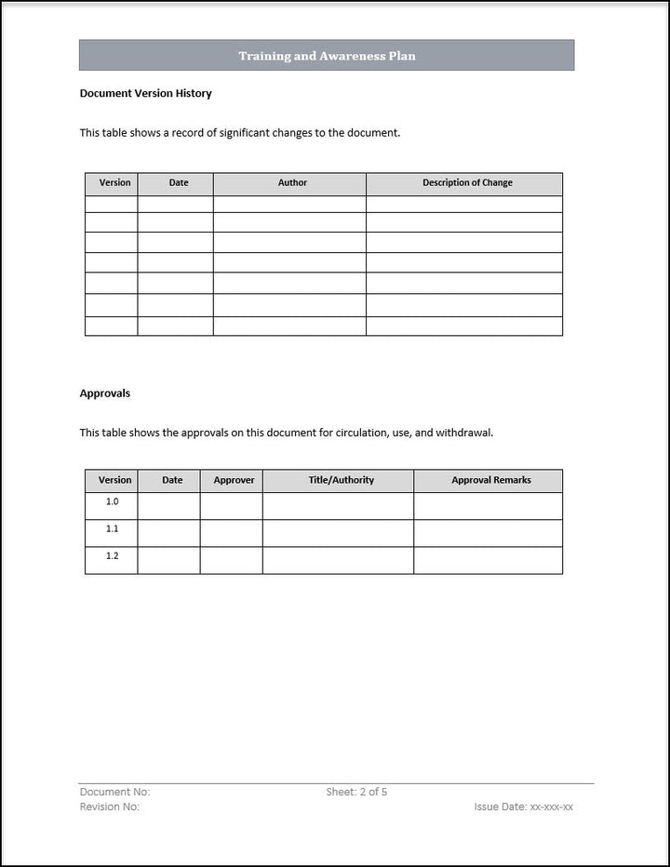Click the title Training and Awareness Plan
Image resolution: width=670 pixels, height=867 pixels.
point(327,56)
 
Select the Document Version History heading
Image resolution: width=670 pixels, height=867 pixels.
point(145,93)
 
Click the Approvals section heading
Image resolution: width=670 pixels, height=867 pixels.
point(105,393)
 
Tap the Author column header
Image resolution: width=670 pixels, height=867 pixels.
point(292,183)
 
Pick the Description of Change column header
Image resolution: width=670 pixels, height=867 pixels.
point(467,183)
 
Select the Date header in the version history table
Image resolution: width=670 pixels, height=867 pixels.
point(179,183)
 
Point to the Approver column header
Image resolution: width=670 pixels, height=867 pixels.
point(234,481)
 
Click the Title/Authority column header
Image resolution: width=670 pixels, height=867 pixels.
point(342,481)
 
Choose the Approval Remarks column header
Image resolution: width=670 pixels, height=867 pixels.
point(491,481)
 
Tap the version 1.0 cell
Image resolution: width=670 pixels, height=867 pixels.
point(113,502)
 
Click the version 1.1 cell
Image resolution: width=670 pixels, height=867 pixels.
point(113,529)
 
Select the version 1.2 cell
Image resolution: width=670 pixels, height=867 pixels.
point(113,556)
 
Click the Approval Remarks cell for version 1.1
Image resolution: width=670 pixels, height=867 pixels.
point(488,533)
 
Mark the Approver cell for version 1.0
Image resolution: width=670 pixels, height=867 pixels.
point(231,506)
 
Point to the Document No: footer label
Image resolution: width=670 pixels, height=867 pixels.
point(114,792)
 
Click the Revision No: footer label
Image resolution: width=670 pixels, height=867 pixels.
point(110,807)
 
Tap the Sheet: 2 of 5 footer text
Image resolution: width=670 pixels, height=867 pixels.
point(356,792)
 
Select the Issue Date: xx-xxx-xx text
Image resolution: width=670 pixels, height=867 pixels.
point(523,807)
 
